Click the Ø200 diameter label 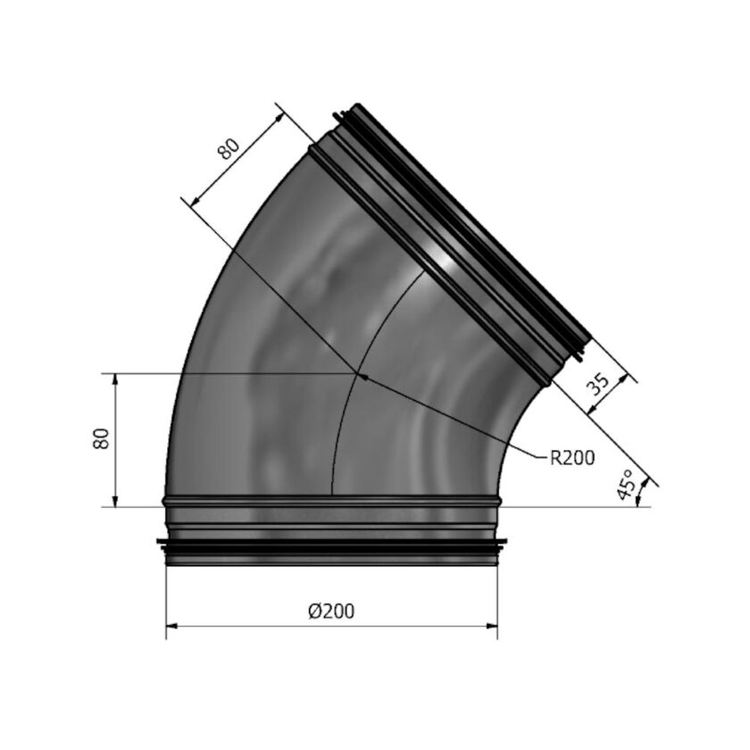click(x=331, y=611)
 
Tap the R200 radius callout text click(x=572, y=458)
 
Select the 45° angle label click(x=625, y=485)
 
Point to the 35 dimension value click(x=598, y=384)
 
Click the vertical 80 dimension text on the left click(x=101, y=438)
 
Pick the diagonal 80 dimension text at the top click(x=229, y=148)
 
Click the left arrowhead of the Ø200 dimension click(x=172, y=625)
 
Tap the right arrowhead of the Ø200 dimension click(x=492, y=625)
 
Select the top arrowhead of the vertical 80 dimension click(x=115, y=379)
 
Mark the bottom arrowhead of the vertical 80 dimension click(x=115, y=500)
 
